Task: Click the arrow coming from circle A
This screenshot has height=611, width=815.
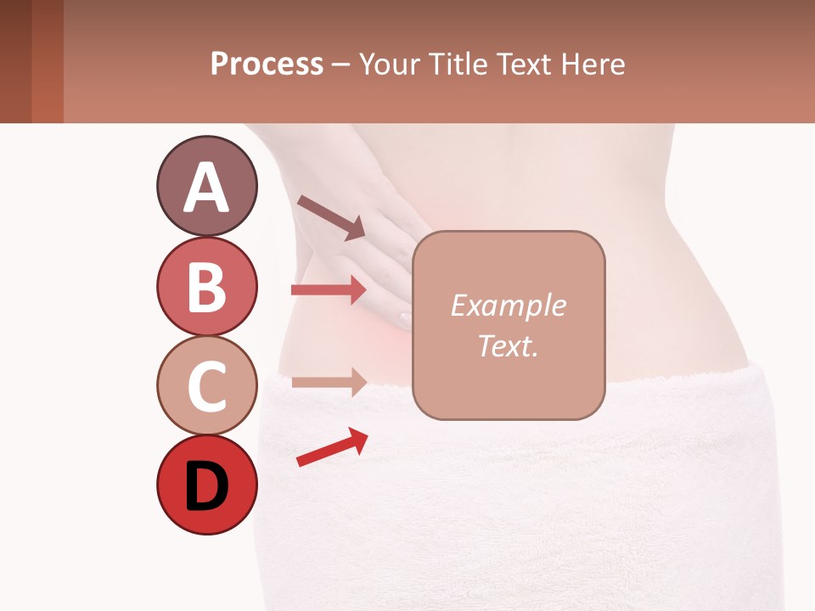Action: tap(331, 217)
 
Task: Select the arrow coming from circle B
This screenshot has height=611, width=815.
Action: tap(329, 290)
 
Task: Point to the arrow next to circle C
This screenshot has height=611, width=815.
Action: tap(329, 382)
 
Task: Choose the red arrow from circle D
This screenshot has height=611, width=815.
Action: tap(332, 446)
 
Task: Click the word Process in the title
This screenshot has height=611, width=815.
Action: tap(267, 64)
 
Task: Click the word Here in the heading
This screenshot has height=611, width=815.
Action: tap(593, 64)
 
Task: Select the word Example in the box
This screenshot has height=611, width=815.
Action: tap(508, 305)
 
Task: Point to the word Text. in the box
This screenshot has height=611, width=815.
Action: tap(508, 345)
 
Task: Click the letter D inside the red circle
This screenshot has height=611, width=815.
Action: tap(206, 488)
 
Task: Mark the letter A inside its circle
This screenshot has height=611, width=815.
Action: tap(206, 188)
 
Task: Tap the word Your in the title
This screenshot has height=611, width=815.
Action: tap(390, 64)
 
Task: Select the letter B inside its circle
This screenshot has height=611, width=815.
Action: tap(206, 287)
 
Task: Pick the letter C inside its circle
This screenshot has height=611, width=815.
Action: tap(206, 387)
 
